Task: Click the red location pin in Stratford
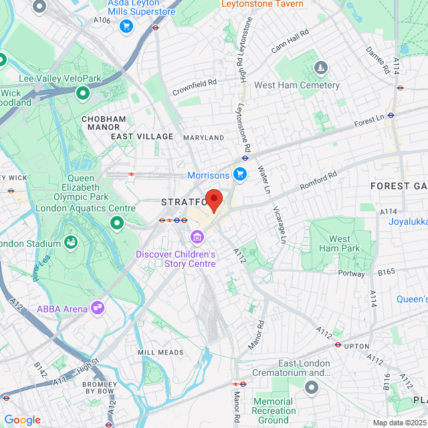(213, 200)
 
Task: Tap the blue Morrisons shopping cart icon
(241, 175)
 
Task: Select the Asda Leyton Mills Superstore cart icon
(126, 26)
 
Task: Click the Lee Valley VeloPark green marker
(83, 93)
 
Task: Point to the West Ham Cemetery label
(297, 86)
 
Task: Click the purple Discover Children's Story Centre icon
(197, 237)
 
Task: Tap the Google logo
(22, 420)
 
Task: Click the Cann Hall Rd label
(290, 41)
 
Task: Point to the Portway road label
(351, 273)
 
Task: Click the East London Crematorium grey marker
(312, 387)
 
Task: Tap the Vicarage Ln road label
(280, 223)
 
